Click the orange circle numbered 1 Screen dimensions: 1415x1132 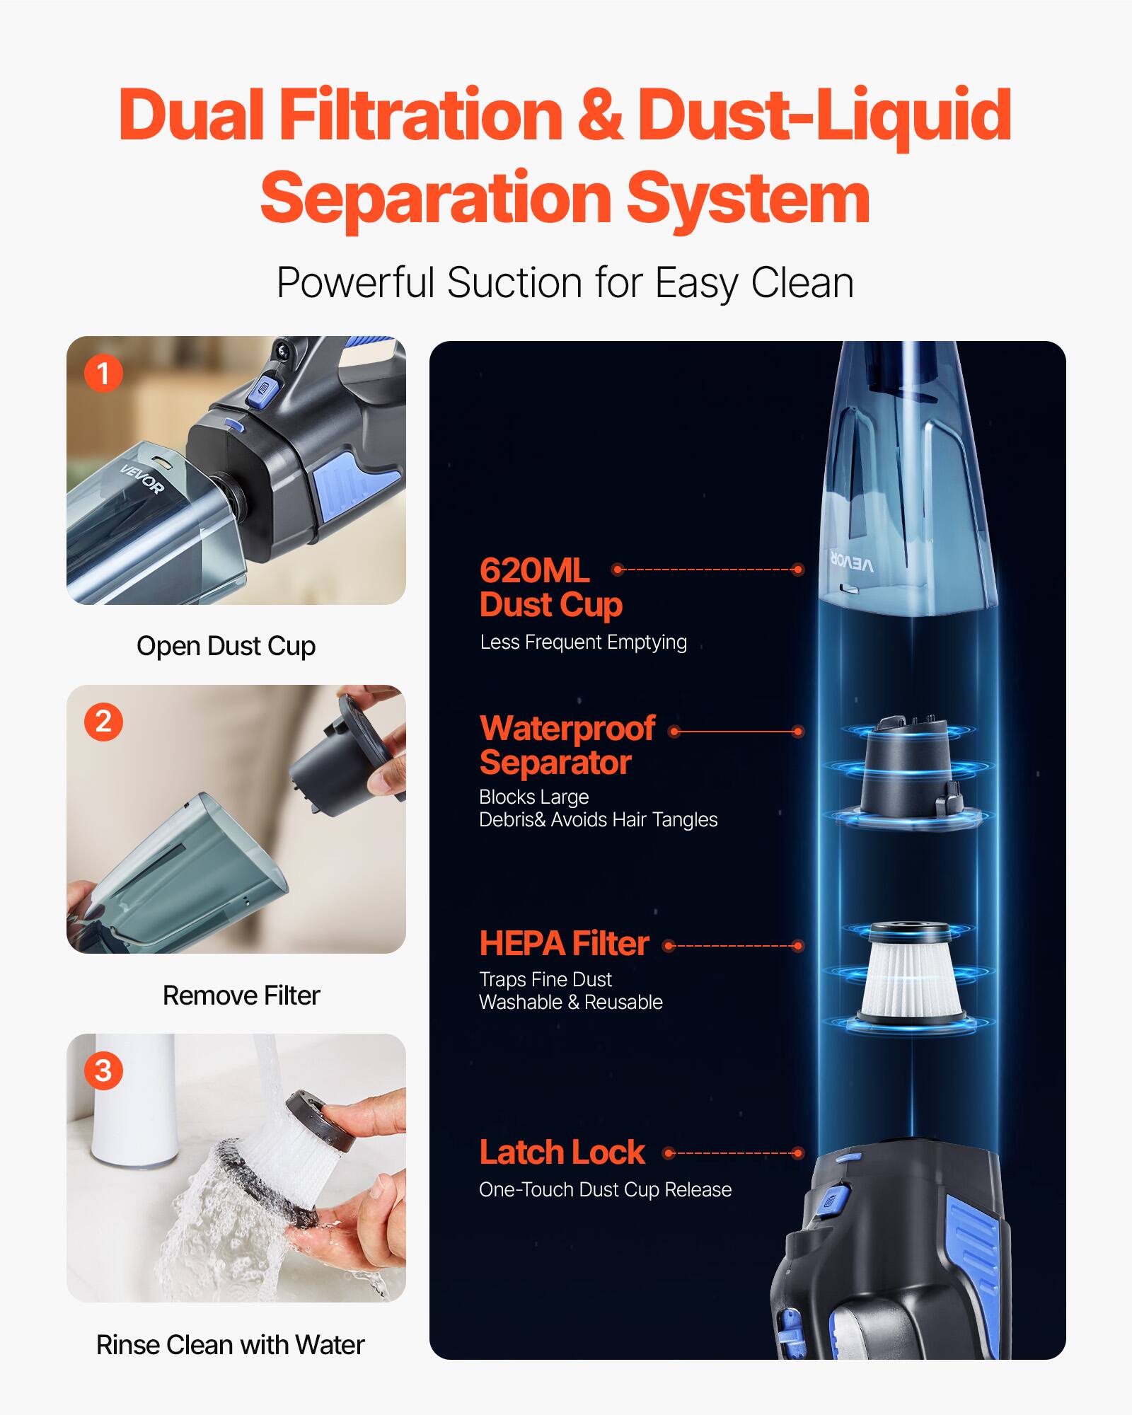tap(103, 373)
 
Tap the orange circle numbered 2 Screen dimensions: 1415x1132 tap(103, 722)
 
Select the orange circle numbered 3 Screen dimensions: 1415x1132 tap(103, 1070)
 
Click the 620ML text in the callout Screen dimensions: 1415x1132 tap(534, 570)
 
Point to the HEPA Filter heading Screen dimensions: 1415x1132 tap(564, 943)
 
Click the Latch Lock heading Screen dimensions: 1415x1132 tap(562, 1153)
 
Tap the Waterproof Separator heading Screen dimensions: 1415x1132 tap(566, 745)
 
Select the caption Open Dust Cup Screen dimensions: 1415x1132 tap(226, 646)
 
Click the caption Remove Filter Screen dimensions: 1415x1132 tap(241, 995)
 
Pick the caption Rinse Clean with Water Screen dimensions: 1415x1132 tap(230, 1345)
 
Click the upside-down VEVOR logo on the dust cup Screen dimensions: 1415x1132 tap(852, 562)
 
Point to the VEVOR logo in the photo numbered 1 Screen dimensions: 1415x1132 tap(142, 479)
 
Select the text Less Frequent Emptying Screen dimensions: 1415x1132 tap(583, 642)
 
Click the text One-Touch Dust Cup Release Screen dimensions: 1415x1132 tap(605, 1190)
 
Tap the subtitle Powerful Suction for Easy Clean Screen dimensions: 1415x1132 tap(565, 283)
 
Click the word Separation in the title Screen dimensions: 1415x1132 tap(436, 199)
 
